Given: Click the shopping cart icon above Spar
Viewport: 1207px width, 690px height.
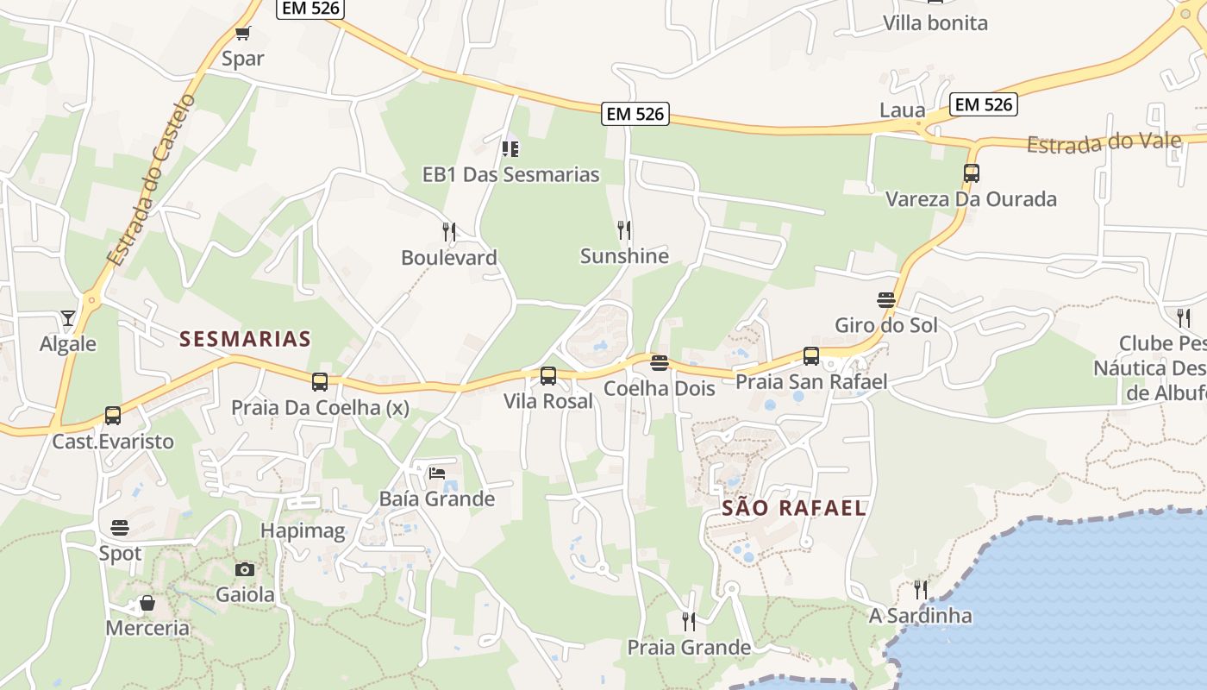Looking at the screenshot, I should click(x=242, y=34).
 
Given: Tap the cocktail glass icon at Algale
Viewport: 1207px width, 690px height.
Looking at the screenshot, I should click(x=68, y=318).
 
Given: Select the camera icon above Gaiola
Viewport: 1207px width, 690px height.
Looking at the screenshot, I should click(x=245, y=569).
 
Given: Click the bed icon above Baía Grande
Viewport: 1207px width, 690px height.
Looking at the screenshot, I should click(x=437, y=473).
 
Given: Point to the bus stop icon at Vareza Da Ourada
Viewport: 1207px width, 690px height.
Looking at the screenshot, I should click(x=972, y=172).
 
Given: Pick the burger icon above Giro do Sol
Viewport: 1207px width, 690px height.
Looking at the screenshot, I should click(x=886, y=300).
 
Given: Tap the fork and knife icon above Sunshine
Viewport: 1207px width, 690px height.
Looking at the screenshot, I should click(x=624, y=229).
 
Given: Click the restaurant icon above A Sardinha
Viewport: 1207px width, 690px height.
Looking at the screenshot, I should click(x=921, y=590).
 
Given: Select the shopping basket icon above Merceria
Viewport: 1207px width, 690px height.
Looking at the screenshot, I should click(x=147, y=602).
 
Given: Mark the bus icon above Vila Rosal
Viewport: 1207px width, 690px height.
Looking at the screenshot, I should click(x=548, y=376).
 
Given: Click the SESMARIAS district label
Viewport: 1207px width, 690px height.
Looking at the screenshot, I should click(x=245, y=339).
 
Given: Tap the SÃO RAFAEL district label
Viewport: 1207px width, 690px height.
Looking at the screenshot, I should click(x=793, y=508).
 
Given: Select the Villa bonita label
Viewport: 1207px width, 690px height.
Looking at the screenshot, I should click(x=935, y=23).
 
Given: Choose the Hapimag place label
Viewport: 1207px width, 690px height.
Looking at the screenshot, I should click(x=303, y=530).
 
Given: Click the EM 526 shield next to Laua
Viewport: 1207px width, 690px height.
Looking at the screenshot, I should click(x=985, y=104).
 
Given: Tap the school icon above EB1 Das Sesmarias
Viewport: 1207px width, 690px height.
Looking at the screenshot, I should click(x=510, y=148).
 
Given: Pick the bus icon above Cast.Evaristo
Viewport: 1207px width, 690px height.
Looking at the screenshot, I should click(x=113, y=416).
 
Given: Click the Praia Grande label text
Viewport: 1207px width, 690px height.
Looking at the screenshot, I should click(x=689, y=647).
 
